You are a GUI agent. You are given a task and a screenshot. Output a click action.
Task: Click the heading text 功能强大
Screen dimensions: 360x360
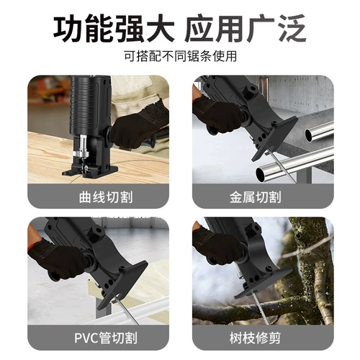(114, 29)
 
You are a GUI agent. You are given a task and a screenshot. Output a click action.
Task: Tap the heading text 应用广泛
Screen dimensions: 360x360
(246, 29)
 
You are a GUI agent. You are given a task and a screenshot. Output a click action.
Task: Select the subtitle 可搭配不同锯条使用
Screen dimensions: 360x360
(180, 57)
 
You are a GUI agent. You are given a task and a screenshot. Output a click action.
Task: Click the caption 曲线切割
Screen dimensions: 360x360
(106, 197)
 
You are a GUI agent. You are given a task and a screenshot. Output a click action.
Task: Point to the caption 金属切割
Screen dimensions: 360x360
(256, 197)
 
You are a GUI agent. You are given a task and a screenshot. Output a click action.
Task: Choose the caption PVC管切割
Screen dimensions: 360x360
(106, 338)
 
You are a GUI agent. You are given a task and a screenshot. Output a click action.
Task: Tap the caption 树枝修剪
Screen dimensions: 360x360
(255, 338)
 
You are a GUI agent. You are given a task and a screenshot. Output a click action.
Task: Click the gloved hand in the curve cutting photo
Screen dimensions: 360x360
(139, 130)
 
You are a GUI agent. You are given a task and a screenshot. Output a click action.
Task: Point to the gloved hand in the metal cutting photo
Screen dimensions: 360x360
(217, 114)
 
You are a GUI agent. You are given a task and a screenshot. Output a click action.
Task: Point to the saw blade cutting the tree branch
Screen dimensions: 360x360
(261, 307)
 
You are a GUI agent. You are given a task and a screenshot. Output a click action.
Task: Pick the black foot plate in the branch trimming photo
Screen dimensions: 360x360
(264, 283)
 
